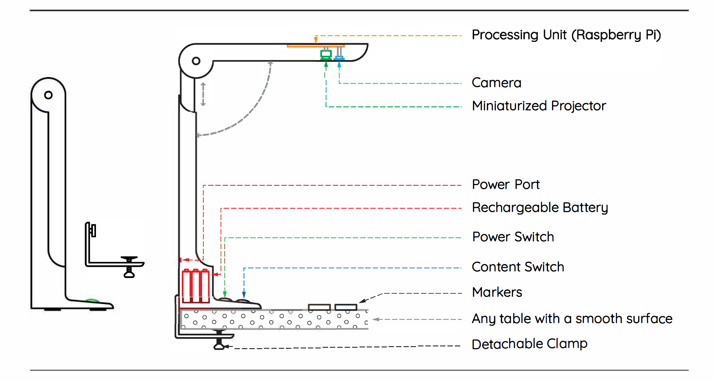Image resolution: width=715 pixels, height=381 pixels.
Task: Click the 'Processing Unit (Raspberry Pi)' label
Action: point(566,35)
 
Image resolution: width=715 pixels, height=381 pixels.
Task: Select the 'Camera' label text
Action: point(496,83)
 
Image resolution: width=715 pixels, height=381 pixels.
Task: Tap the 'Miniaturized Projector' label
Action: point(539,106)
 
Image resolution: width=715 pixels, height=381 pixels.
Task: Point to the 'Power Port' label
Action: point(506,185)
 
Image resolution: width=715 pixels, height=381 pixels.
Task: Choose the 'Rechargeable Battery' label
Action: point(540,208)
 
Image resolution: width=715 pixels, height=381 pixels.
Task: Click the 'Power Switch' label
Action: point(513,237)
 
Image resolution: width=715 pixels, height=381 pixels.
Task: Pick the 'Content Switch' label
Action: point(518,267)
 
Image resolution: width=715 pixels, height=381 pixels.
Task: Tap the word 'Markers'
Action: point(497,293)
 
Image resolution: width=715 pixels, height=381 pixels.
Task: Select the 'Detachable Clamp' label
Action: point(529,344)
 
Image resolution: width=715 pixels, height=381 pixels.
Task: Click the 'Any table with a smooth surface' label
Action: point(572,319)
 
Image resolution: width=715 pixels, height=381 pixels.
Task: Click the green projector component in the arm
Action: point(326,54)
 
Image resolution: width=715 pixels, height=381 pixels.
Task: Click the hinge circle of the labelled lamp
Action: point(196,61)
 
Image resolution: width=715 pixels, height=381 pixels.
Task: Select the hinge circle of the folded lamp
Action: point(48,95)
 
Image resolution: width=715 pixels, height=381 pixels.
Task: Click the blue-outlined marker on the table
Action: point(346,307)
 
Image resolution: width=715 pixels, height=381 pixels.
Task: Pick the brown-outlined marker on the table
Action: point(319,307)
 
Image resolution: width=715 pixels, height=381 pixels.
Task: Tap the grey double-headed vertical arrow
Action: point(203,94)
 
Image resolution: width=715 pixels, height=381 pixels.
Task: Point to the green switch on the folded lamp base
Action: point(92,300)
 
